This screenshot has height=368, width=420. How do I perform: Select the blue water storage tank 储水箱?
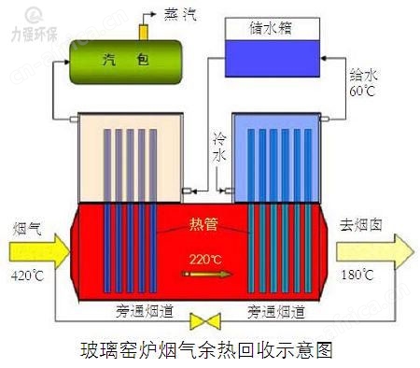tap(273, 43)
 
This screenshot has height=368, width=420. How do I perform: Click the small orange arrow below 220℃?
tap(207, 275)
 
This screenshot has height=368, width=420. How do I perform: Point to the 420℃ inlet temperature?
tap(27, 276)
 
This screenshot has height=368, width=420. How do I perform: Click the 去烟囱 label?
tap(365, 225)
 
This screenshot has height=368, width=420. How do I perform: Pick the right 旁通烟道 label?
tap(274, 308)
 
